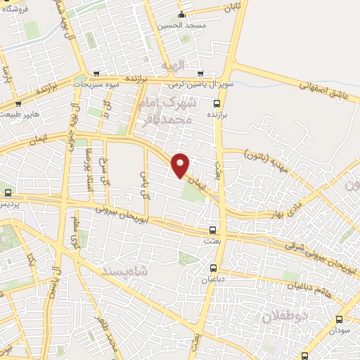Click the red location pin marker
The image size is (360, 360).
[x=181, y=165]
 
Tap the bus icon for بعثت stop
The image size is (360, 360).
[x=213, y=230]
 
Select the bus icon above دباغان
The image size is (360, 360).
[x=214, y=267]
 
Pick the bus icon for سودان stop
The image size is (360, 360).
[x=340, y=319]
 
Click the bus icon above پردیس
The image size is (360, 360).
[x=8, y=193]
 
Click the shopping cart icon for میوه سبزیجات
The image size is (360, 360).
[x=96, y=75]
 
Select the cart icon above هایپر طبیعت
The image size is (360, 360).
[x=19, y=103]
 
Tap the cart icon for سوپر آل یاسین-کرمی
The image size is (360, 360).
[x=200, y=74]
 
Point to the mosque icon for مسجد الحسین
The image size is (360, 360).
[x=181, y=15]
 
